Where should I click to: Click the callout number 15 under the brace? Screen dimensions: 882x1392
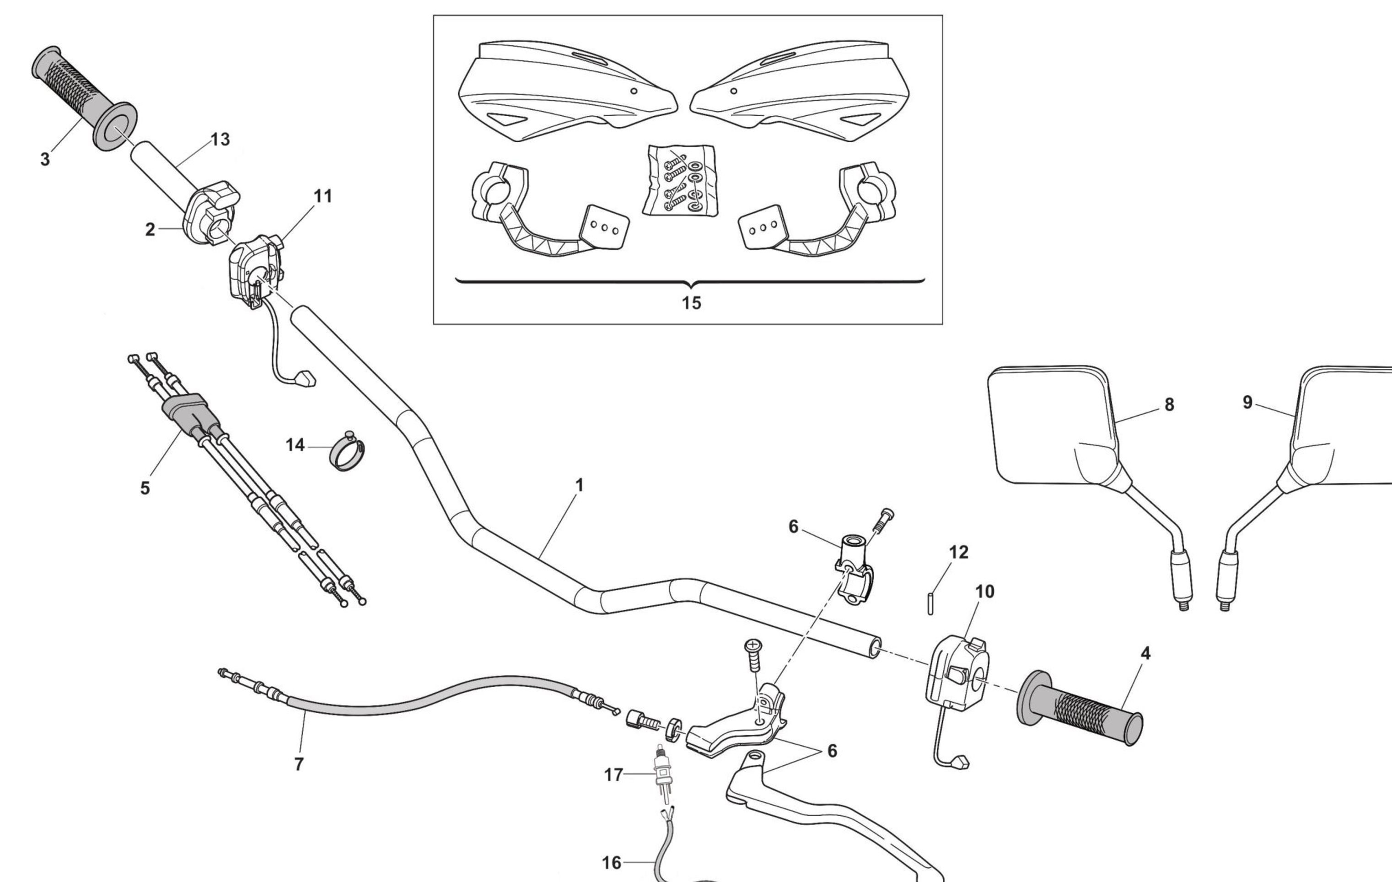point(691,303)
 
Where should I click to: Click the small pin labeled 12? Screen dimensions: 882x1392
point(930,603)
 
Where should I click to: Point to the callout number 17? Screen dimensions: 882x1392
point(613,774)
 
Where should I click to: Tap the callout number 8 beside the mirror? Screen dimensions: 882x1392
point(1169,404)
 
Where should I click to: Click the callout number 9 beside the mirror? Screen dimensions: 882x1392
point(1247,402)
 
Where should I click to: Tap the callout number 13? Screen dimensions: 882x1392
point(220,139)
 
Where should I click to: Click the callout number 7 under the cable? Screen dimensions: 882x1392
point(298,764)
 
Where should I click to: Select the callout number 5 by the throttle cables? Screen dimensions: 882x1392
point(145,489)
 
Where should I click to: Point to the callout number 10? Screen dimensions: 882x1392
point(984,592)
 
